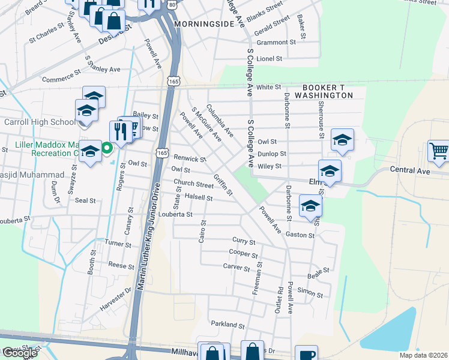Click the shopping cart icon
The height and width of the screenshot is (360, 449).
pyautogui.click(x=439, y=151)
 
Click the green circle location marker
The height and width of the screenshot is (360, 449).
pyautogui.click(x=107, y=146)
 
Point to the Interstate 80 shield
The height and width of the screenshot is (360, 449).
pyautogui.click(x=173, y=4)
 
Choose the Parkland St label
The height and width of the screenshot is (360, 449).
pyautogui.click(x=228, y=324)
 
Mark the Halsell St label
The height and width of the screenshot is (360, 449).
pyautogui.click(x=199, y=197)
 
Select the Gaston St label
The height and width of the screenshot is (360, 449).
pyautogui.click(x=300, y=235)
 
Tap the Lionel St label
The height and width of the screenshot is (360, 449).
pyautogui.click(x=269, y=59)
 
